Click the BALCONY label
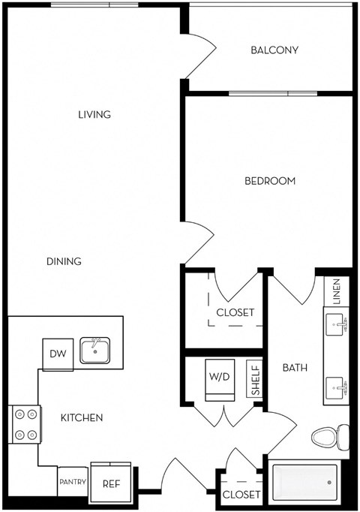click(274, 50)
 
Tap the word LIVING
click(94, 115)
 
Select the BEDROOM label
click(270, 181)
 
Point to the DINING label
click(64, 261)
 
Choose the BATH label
click(293, 368)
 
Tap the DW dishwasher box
click(58, 354)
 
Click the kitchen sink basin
click(95, 351)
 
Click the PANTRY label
click(73, 482)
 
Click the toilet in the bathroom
click(331, 436)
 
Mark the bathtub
click(306, 480)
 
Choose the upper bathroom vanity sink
click(337, 325)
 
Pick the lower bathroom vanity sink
click(337, 389)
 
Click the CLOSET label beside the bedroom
click(235, 312)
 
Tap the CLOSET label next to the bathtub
click(241, 495)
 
